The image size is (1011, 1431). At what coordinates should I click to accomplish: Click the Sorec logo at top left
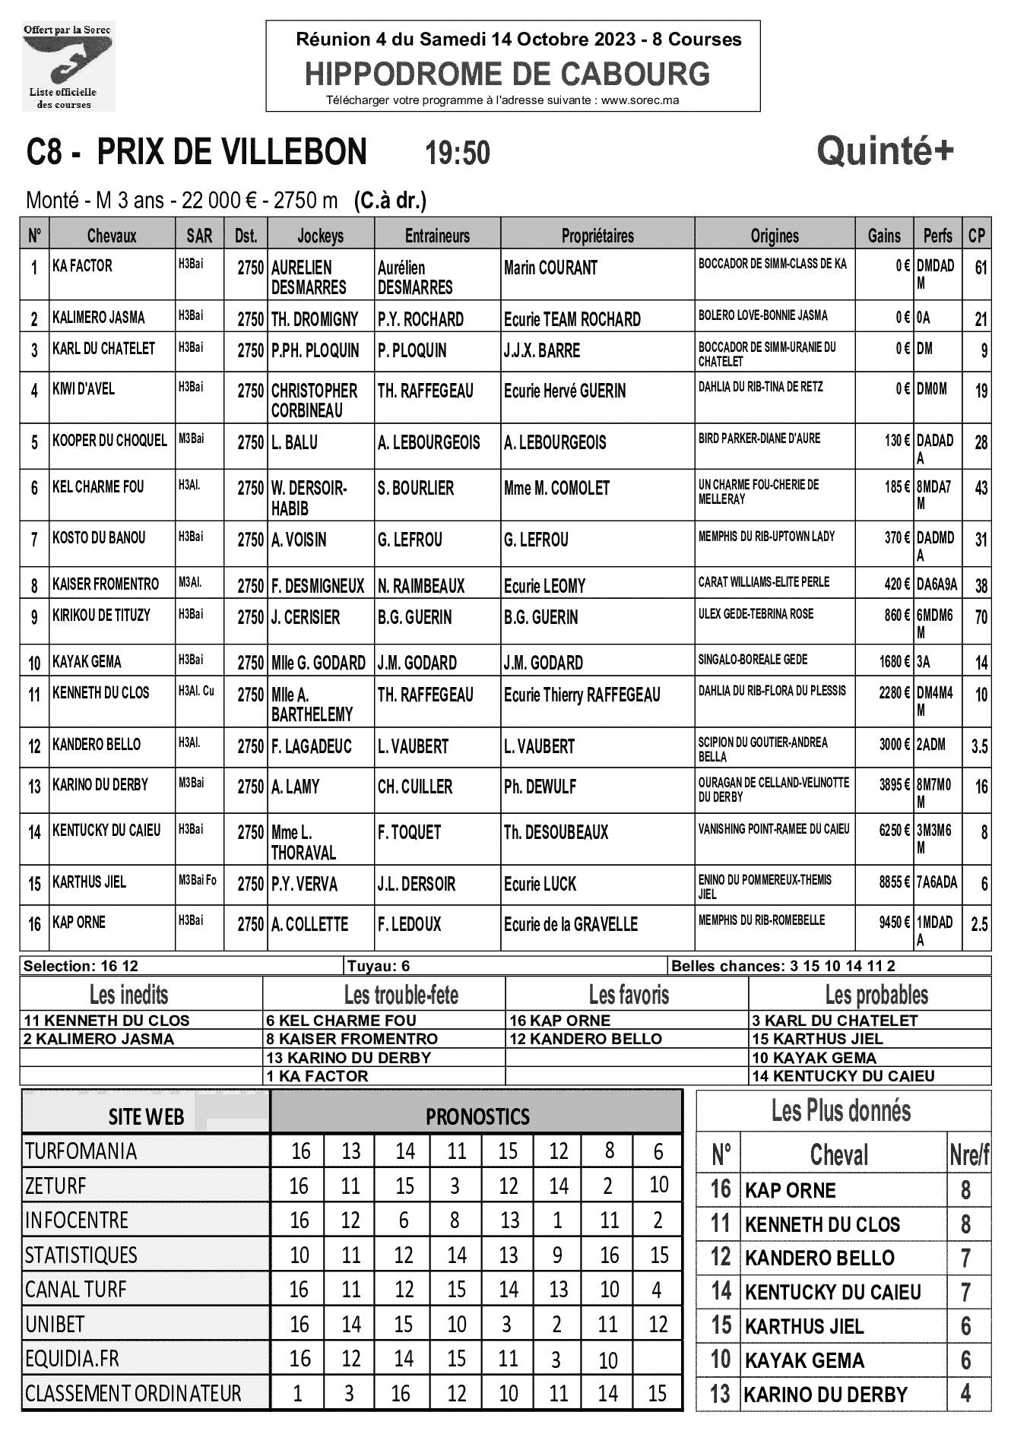pos(68,65)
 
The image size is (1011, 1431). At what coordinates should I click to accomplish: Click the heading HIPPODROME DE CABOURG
pos(507,74)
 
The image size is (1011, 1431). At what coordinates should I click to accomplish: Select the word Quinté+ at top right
pos(885,151)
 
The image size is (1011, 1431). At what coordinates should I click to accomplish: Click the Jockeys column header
pos(320,236)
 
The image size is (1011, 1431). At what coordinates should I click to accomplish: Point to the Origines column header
pos(775,236)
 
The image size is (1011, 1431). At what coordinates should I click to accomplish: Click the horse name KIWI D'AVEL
pos(84,389)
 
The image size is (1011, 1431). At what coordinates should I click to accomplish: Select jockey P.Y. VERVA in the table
pos(304,885)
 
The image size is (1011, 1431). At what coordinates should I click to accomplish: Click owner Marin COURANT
pos(550,268)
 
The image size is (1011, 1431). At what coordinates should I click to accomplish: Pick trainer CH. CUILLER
pos(415,787)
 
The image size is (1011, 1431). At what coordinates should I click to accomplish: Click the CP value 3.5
pos(979,747)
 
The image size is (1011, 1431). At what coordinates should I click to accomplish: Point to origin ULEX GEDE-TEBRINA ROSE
pos(756,614)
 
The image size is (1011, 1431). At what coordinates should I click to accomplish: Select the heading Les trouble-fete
pos(401,995)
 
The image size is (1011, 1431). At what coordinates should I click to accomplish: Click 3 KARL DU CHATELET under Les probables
pos(835,1021)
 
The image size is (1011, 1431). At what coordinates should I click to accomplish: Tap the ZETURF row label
pos(55,1186)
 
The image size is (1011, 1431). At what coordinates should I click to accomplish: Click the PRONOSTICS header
pos(477,1116)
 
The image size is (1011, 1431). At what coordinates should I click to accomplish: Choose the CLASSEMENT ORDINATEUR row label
pos(133,1394)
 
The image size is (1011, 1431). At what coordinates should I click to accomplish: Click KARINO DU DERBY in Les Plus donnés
pos(826,1395)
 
